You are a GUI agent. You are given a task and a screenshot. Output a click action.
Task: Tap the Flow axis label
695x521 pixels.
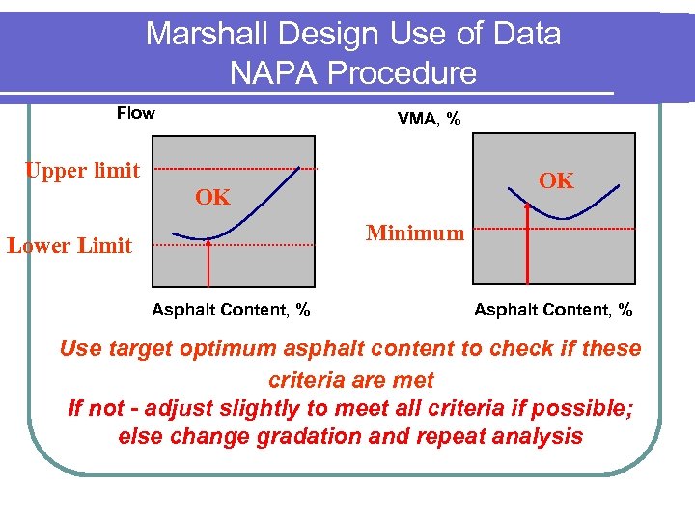[135, 113]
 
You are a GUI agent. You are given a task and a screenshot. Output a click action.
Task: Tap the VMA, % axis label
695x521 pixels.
[429, 119]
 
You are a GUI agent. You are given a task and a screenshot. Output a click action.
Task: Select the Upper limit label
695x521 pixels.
[82, 171]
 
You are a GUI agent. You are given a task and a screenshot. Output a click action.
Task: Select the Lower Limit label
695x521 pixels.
[69, 245]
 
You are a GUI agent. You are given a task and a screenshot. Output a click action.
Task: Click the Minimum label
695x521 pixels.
[414, 233]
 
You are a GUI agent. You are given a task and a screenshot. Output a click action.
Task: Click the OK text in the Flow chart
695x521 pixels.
[212, 198]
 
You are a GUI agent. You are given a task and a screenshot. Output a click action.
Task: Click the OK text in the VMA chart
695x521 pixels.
[556, 180]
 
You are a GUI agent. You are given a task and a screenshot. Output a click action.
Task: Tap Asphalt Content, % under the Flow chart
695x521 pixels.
[231, 310]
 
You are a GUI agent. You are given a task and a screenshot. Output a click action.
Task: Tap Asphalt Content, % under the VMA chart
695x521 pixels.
[553, 310]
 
